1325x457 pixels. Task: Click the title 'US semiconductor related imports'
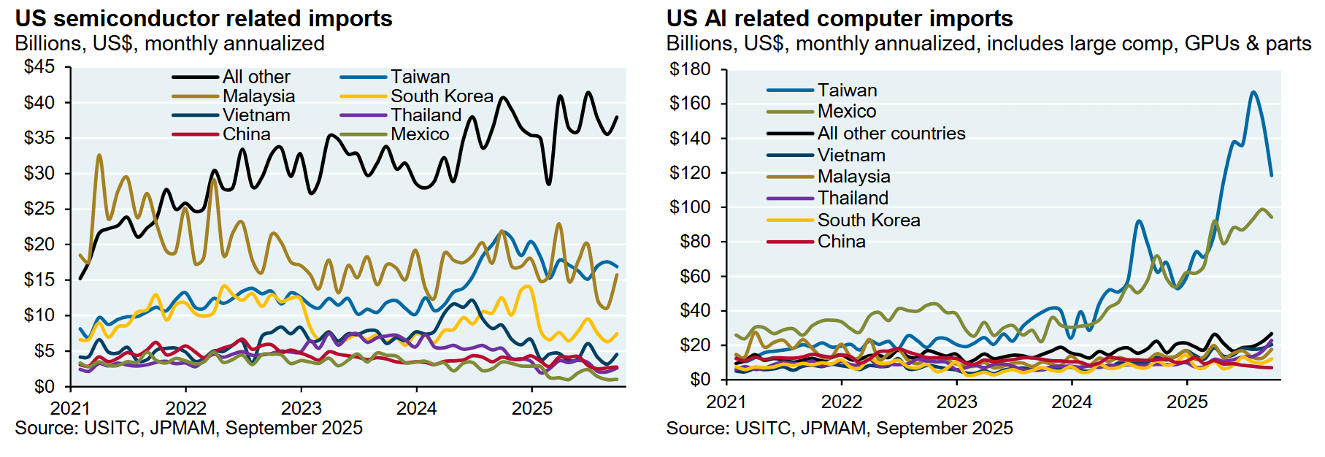coord(204,18)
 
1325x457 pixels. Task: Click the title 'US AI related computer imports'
coord(840,18)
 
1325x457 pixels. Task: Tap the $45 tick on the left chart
coord(39,67)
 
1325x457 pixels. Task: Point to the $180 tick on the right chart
coord(689,69)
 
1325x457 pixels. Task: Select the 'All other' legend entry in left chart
coord(256,77)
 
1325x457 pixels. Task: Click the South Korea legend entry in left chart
coord(441,96)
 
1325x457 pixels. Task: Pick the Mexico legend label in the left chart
coord(419,134)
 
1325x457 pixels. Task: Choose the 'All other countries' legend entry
coord(891,133)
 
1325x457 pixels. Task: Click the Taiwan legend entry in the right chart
coord(847,90)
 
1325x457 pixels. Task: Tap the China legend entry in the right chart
coord(841,241)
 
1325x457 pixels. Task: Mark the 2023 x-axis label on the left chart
coord(302,408)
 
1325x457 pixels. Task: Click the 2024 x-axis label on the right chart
coord(1072,402)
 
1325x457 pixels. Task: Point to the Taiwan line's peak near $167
coord(1253,92)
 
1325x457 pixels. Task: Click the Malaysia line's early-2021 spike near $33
coord(99,155)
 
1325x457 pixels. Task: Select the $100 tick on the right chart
coord(689,207)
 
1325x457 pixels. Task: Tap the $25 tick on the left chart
coord(39,209)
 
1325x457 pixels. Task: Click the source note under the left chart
coord(188,428)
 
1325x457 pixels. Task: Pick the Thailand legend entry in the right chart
coord(853,198)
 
